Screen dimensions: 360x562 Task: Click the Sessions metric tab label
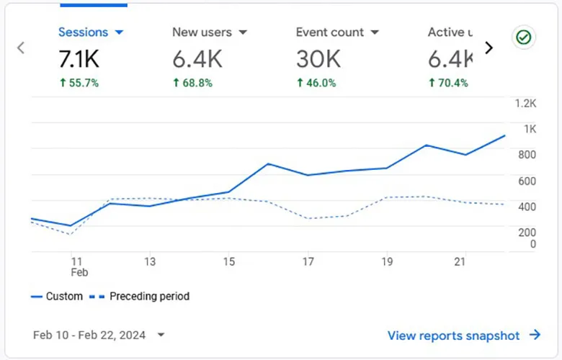tap(83, 32)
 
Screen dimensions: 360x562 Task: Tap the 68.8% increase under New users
tap(192, 83)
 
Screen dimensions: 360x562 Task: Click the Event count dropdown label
tap(330, 32)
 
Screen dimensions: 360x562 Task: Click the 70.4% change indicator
tap(447, 83)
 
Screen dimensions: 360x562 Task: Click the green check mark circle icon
tap(524, 37)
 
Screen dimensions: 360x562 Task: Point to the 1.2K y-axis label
tap(525, 103)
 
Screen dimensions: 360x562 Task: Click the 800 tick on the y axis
tap(527, 154)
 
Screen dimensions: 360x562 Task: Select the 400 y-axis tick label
tap(527, 207)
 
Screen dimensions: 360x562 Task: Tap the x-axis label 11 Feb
tap(78, 266)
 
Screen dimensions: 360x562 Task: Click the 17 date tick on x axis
tap(308, 261)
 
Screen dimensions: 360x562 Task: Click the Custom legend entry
tap(57, 296)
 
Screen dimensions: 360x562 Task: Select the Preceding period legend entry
tap(141, 296)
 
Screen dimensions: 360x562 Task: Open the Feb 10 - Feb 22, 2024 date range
tap(99, 335)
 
